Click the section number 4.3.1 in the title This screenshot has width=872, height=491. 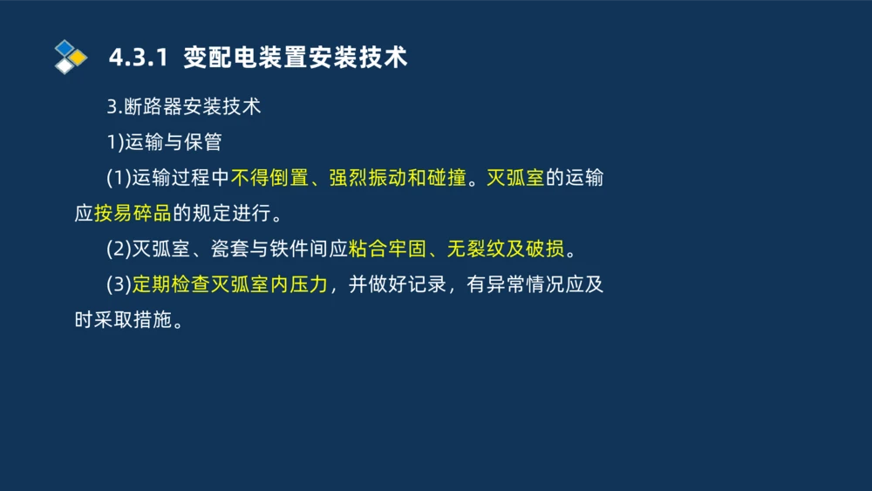click(137, 58)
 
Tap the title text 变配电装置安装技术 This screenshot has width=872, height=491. click(296, 58)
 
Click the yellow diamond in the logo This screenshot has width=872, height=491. click(78, 58)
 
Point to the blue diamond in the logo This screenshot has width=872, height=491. click(65, 47)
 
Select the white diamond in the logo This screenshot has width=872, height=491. click(65, 65)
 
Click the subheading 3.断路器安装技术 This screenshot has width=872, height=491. click(183, 107)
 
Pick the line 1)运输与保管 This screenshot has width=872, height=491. click(164, 142)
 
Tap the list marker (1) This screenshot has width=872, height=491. click(119, 178)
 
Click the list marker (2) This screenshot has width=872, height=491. click(119, 249)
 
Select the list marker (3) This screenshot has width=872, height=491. click(119, 284)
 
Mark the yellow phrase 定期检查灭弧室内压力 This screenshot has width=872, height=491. click(230, 284)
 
